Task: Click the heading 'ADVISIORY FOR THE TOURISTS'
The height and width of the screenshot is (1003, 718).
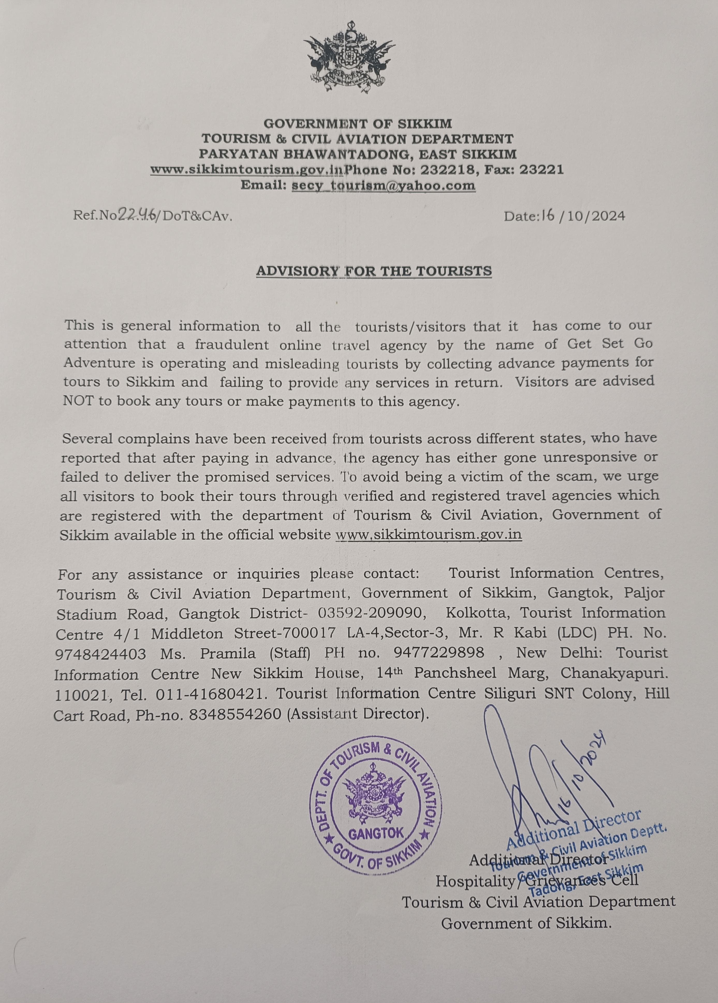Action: point(374,270)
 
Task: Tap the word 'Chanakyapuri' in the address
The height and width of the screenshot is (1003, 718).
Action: point(614,673)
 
